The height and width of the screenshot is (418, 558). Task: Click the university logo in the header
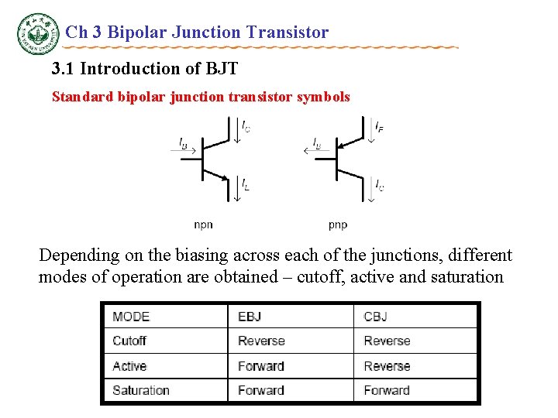(38, 33)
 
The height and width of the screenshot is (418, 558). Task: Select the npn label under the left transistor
(203, 225)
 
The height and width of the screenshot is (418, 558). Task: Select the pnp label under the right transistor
(338, 225)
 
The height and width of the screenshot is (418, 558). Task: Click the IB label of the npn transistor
(183, 142)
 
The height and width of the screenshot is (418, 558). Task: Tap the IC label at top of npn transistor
(246, 125)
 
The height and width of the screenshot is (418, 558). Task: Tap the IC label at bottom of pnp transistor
(380, 186)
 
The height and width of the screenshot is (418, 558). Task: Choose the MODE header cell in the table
(131, 317)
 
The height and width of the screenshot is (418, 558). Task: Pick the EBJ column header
(250, 317)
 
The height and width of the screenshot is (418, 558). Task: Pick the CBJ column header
(375, 317)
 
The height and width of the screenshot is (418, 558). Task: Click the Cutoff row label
(129, 341)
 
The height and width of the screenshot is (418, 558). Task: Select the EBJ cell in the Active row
(261, 366)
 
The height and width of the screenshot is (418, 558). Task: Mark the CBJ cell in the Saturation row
(387, 390)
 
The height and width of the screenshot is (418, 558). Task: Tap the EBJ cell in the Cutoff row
(261, 341)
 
